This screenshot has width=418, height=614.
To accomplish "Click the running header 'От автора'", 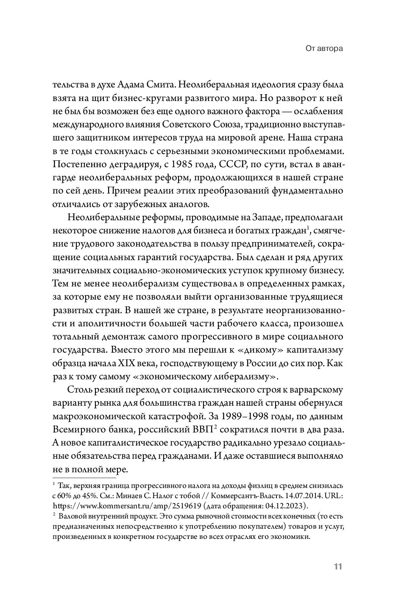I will point(324,49).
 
